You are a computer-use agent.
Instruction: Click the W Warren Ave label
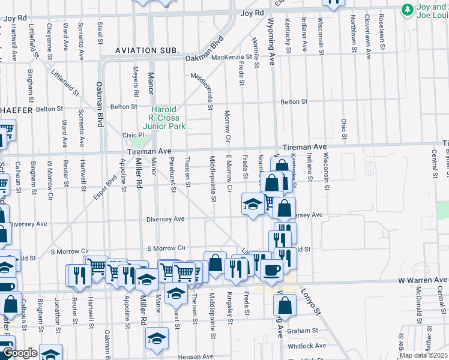pos(423,280)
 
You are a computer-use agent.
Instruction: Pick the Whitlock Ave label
pos(307,346)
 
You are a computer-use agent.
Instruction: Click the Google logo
pos(19,353)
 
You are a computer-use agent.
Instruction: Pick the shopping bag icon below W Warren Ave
pos(284,306)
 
